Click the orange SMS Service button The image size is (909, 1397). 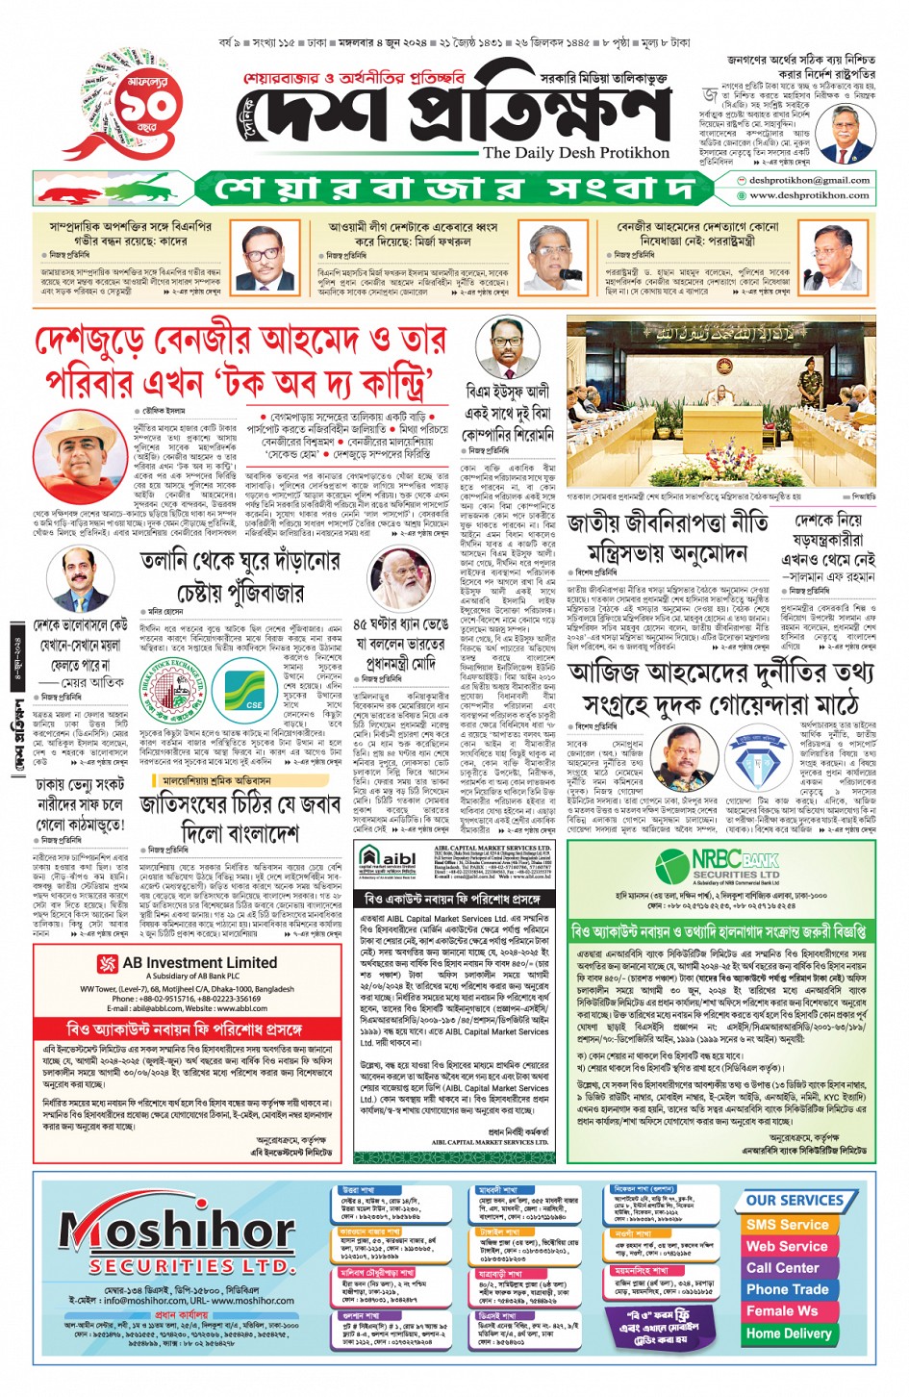tap(787, 1225)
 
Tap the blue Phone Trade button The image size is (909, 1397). tap(787, 1289)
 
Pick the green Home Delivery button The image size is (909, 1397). tap(788, 1333)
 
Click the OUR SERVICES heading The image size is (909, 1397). tap(795, 1201)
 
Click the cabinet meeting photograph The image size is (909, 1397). tap(721, 404)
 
